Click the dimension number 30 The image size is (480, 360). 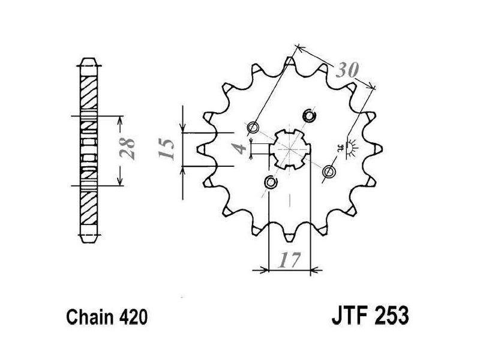pyautogui.click(x=347, y=70)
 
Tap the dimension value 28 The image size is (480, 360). pyautogui.click(x=127, y=148)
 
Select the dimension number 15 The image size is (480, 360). pyautogui.click(x=166, y=149)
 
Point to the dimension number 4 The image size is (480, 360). pyautogui.click(x=241, y=149)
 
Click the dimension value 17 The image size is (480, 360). pyautogui.click(x=289, y=260)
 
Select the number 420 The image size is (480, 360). pyautogui.click(x=133, y=317)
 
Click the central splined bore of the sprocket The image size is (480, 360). pyautogui.click(x=290, y=149)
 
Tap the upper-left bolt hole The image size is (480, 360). pyautogui.click(x=253, y=127)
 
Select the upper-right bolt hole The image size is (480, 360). pyautogui.click(x=309, y=115)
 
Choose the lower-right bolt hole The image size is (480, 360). pyautogui.click(x=329, y=171)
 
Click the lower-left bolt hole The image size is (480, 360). pyautogui.click(x=271, y=182)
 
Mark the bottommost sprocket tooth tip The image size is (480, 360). pyautogui.click(x=290, y=241)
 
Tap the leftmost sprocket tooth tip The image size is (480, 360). pyautogui.click(x=197, y=149)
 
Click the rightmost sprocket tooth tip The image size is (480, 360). pyautogui.click(x=382, y=149)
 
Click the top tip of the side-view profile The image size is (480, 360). pyautogui.click(x=89, y=58)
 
